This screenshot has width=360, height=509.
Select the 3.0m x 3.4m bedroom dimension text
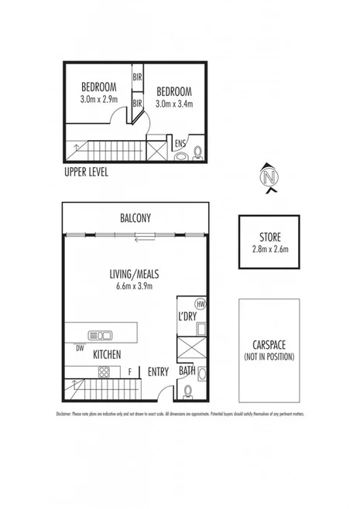(173, 104)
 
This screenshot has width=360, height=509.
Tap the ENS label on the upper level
(180, 143)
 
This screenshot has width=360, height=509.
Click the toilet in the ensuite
(197, 152)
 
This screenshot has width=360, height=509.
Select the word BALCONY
(135, 219)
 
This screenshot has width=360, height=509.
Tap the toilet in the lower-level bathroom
(201, 375)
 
